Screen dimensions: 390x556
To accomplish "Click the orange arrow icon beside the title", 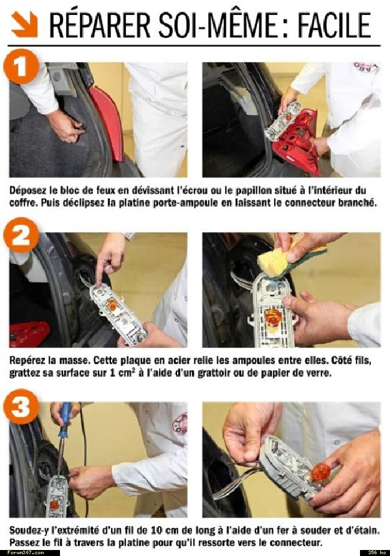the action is [25, 24].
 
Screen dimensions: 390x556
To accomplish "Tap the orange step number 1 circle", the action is [21, 67].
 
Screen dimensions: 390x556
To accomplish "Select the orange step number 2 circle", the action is [21, 235].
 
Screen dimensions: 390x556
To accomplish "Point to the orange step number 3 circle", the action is [21, 407].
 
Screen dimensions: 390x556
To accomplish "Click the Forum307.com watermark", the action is [26, 552].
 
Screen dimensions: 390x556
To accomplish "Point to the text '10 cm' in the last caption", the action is [164, 530].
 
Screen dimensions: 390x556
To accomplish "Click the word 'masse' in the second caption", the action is [75, 360].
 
